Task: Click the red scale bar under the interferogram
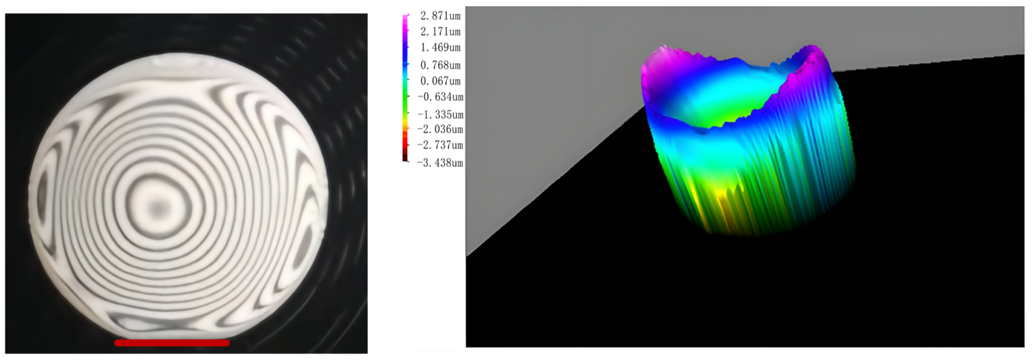(x=172, y=343)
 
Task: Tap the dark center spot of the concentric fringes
(x=158, y=208)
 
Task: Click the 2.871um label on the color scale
(x=440, y=16)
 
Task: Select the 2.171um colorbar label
(x=440, y=32)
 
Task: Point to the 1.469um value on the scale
(x=440, y=48)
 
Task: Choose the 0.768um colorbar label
(x=440, y=65)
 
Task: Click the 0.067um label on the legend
(x=440, y=81)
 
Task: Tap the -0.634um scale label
(x=440, y=97)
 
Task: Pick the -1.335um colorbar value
(x=440, y=114)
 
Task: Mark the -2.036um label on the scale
(x=440, y=129)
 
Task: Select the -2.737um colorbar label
(x=440, y=145)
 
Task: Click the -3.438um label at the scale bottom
(x=440, y=163)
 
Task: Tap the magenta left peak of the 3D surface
(x=658, y=64)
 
